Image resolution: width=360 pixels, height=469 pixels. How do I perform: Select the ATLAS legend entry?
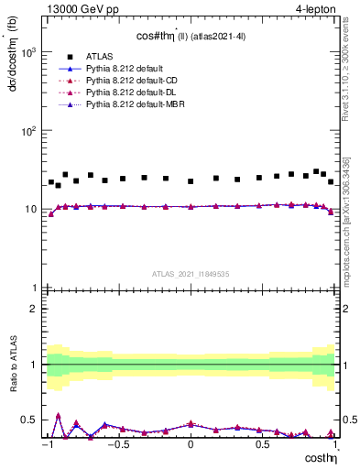100,56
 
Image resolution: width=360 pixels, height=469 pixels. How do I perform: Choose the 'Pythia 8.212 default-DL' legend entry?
126,93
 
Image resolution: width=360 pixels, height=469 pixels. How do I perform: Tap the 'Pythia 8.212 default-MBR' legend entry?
130,105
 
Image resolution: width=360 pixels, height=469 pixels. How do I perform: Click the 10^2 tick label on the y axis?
26,131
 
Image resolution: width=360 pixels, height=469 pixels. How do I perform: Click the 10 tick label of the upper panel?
29,210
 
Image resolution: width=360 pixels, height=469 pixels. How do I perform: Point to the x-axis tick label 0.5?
262,444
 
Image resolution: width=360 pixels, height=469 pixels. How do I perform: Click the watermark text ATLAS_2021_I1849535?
191,273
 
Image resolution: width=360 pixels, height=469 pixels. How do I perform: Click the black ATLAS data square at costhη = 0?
191,181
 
